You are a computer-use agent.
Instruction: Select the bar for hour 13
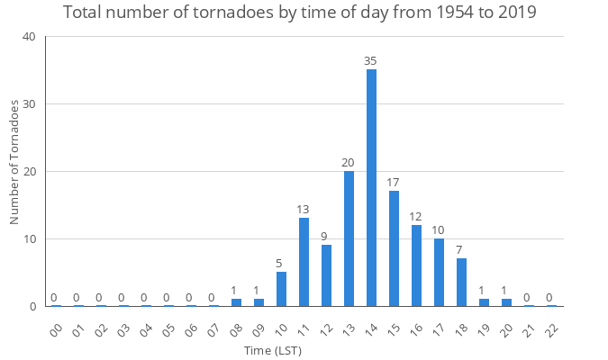tap(349, 238)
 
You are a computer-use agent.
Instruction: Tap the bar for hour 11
tap(304, 262)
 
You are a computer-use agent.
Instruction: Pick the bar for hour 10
tap(281, 289)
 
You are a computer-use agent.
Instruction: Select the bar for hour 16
tap(416, 265)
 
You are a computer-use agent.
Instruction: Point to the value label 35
tap(371, 60)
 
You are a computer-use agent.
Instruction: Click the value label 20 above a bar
tap(349, 162)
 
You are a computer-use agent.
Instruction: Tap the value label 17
tap(394, 182)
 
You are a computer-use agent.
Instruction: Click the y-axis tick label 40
tap(30, 37)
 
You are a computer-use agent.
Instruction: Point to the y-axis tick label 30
tap(30, 104)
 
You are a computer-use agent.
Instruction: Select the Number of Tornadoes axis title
tap(14, 163)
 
